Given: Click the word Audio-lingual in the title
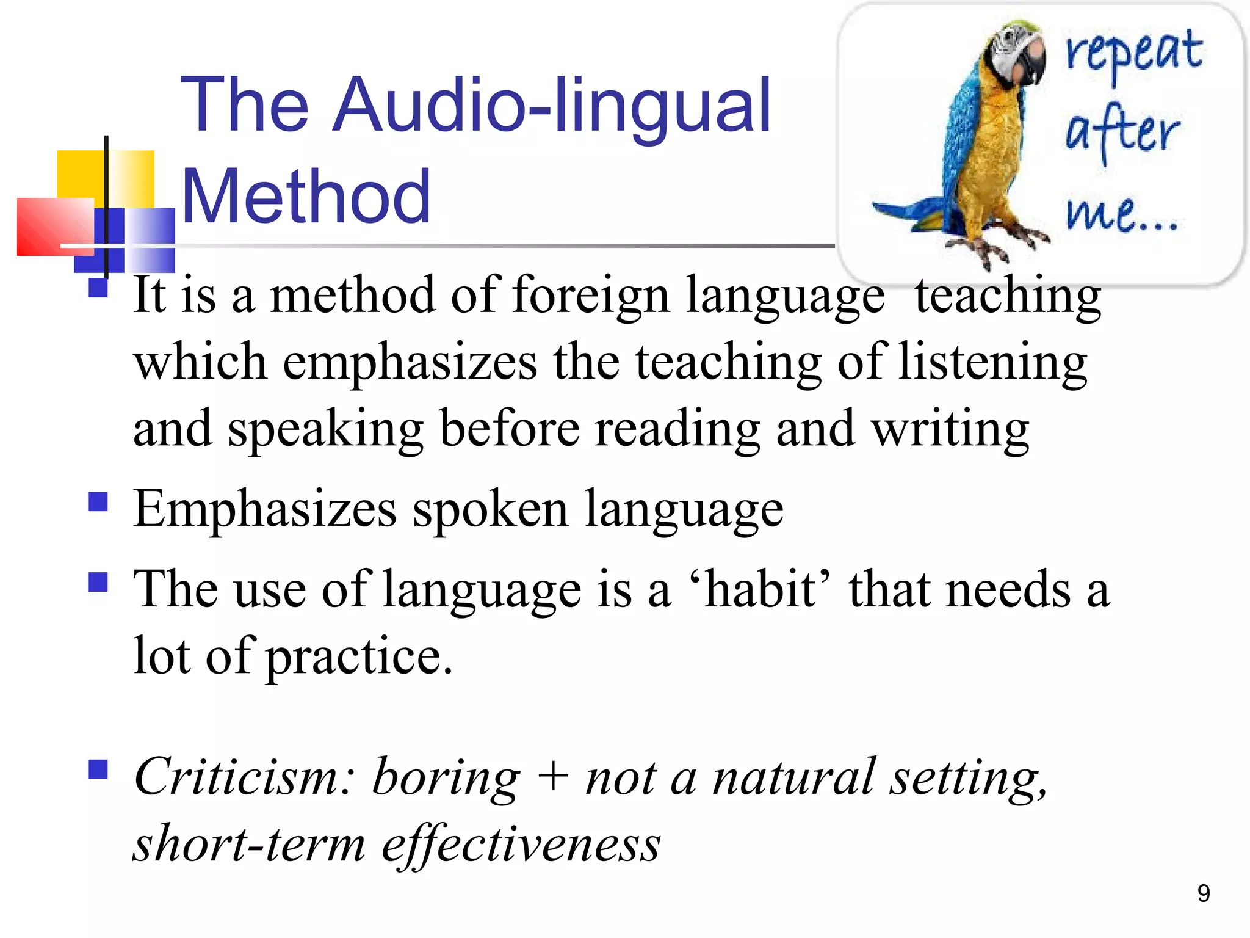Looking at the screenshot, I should (x=552, y=105).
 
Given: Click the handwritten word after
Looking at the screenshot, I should (x=1122, y=131).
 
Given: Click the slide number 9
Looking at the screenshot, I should (x=1203, y=893).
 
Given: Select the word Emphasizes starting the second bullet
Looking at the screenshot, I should (x=266, y=509).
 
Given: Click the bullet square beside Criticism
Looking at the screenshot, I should (x=98, y=769).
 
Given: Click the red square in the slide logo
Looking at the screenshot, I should (x=55, y=227).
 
